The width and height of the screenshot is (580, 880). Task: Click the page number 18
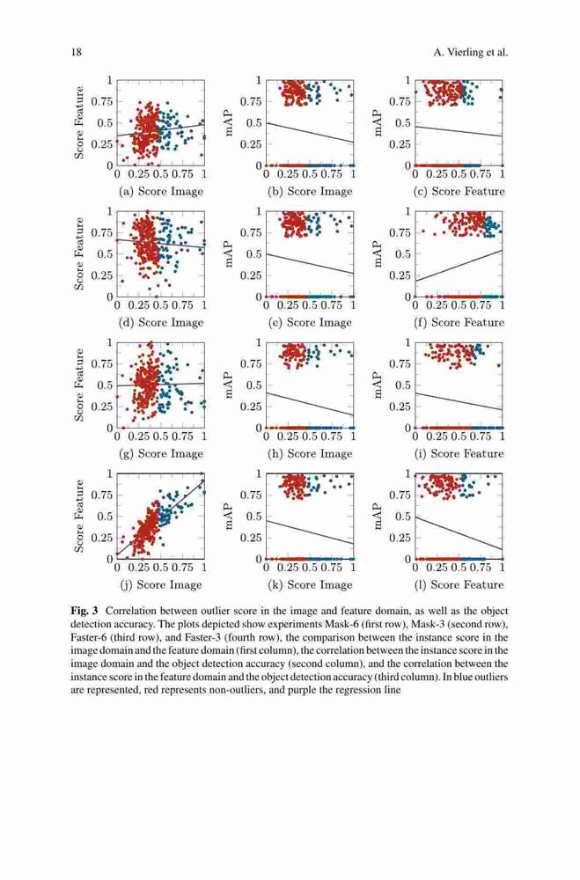(x=77, y=53)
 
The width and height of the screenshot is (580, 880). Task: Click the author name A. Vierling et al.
(x=471, y=53)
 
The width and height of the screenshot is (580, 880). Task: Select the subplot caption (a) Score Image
(x=160, y=191)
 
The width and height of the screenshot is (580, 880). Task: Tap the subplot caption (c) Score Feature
(x=459, y=191)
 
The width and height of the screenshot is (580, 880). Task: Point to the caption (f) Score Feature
(x=459, y=323)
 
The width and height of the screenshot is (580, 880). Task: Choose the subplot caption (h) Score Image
(x=310, y=453)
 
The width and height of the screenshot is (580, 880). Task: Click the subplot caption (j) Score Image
(x=160, y=585)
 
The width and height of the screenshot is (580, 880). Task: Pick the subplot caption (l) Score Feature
(x=459, y=585)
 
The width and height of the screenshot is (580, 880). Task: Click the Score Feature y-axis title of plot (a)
(x=79, y=122)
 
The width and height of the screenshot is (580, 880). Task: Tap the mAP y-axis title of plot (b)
(x=229, y=122)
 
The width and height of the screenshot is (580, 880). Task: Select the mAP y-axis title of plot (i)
(x=378, y=385)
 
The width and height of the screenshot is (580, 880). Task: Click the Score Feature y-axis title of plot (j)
(x=79, y=517)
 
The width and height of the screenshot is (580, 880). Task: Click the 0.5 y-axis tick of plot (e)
(x=254, y=254)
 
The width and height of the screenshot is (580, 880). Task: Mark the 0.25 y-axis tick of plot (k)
(x=252, y=538)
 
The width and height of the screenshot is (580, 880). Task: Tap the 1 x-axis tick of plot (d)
(x=204, y=305)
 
